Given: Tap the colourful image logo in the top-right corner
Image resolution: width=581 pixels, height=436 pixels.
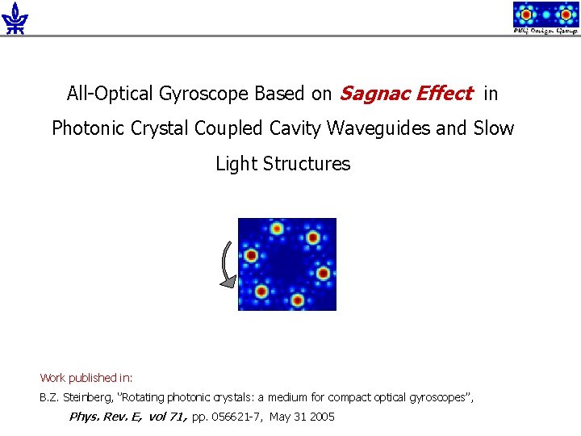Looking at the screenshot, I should click(545, 17).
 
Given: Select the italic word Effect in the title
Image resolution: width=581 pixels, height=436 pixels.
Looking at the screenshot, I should click(445, 94).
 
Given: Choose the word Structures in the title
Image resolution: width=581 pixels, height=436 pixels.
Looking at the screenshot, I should click(310, 164).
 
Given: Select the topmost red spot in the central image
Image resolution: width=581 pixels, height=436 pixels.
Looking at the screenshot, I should click(277, 229).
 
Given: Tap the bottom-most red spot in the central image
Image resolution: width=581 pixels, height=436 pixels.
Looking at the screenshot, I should click(297, 301).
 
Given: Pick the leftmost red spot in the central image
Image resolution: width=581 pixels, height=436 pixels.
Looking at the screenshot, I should click(251, 256).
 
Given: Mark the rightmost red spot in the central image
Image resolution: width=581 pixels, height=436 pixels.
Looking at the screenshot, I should click(323, 273).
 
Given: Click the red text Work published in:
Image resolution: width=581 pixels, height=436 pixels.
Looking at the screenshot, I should click(86, 378).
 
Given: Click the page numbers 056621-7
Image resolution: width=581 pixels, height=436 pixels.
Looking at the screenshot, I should click(237, 417).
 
